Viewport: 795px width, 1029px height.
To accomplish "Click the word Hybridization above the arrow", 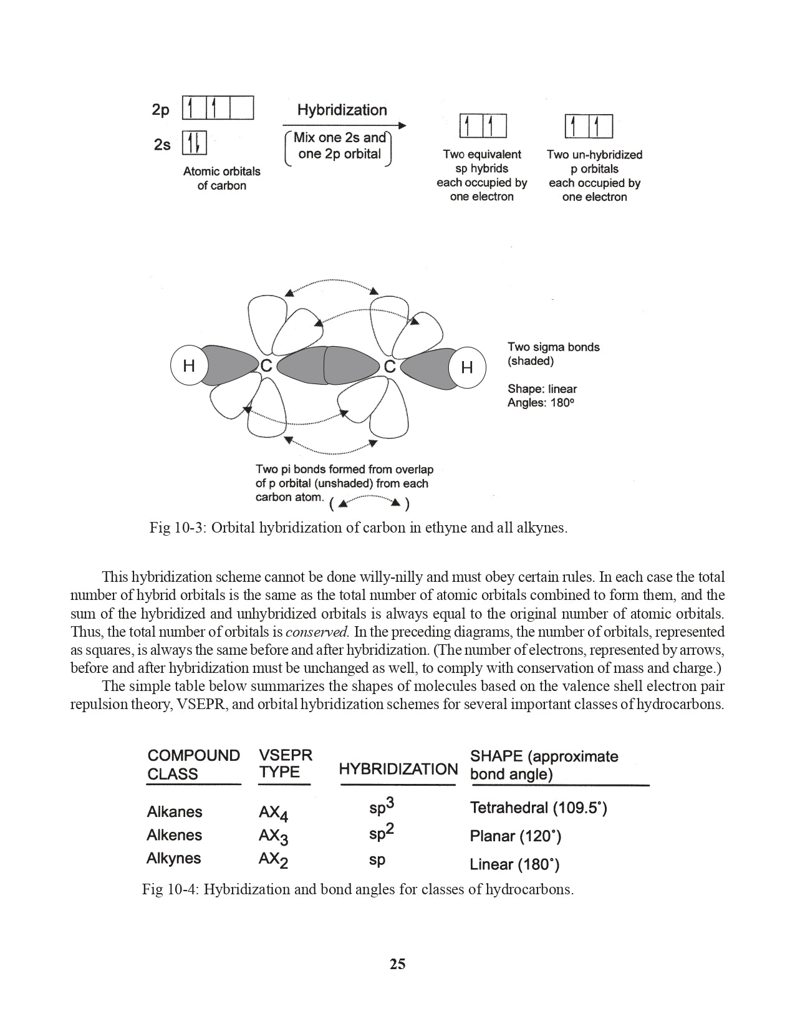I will coord(342,110).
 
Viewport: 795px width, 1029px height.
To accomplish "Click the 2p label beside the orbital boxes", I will coord(160,110).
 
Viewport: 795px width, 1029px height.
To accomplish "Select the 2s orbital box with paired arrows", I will coord(194,143).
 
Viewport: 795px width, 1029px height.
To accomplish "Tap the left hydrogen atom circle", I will coord(189,367).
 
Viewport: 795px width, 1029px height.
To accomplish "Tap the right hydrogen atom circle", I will coord(467,367).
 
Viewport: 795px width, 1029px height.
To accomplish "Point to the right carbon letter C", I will coord(390,367).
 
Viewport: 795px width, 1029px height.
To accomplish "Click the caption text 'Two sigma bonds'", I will coord(553,347).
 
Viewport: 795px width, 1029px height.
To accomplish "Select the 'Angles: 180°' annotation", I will coord(540,403).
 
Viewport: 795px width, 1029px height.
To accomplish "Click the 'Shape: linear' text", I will coord(542,389).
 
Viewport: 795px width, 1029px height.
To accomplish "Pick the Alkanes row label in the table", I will coord(175,812).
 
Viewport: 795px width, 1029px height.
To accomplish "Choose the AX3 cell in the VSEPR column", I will coord(273,836).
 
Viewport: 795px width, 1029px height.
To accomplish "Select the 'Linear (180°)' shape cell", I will coord(514,864).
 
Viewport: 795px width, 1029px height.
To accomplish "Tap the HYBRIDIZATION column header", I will coord(398,769).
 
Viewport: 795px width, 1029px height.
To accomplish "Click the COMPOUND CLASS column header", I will coord(193,765).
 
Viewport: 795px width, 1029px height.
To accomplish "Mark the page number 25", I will coord(397,964).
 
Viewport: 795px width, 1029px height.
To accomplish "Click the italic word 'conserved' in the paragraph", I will coord(316,632).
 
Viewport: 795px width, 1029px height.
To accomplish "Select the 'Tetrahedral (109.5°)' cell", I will coord(538,808).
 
